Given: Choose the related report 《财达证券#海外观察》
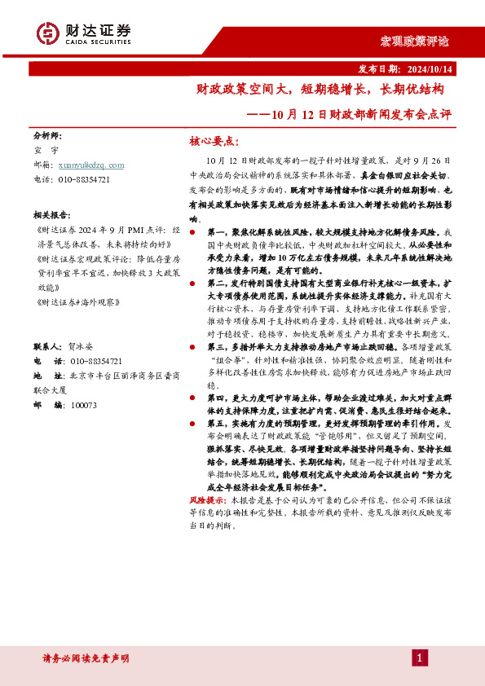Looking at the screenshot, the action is (77, 302).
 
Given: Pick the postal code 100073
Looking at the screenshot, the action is (84, 405).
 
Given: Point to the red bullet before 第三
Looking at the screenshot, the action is (192, 346).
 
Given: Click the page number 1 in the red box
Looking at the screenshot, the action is (420, 657).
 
